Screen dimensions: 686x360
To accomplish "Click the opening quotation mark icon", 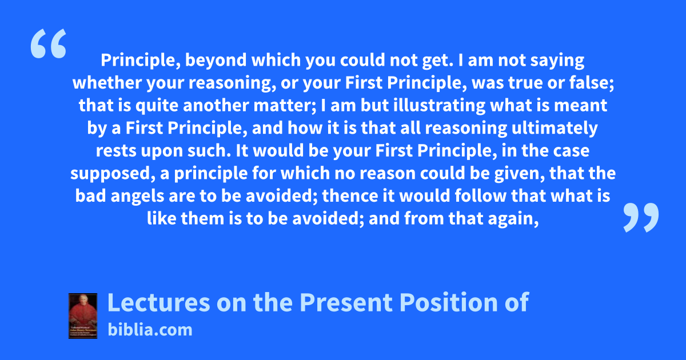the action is coord(49,43).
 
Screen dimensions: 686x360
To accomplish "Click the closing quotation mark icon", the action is coord(641,217).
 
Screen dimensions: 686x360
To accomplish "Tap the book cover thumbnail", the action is coord(83,316).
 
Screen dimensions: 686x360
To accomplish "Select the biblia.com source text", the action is coord(150,330).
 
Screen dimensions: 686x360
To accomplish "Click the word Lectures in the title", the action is coord(159,302).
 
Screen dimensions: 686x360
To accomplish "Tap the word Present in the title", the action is coord(346,302).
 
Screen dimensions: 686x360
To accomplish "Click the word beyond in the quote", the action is coord(216,61).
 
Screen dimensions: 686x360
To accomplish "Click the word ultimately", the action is coord(555,128).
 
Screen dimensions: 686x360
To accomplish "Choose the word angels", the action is coord(137,196).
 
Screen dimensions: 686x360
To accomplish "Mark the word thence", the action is coord(350,196).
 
